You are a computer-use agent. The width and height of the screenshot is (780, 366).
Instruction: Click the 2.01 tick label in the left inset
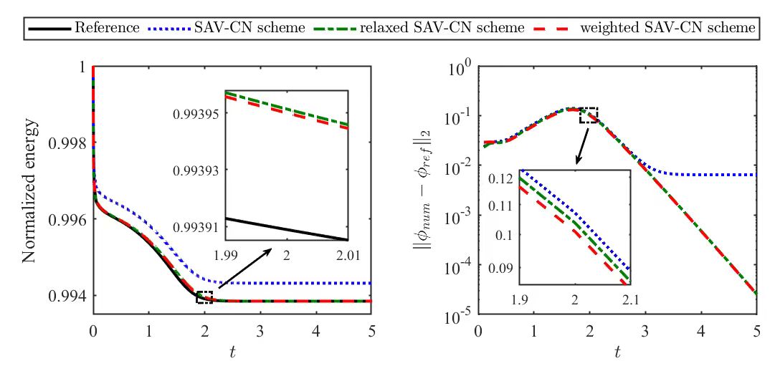[x=347, y=254]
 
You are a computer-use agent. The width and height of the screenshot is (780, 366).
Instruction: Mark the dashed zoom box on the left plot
[x=204, y=297]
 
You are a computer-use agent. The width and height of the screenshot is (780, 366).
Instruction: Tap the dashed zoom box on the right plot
[x=588, y=115]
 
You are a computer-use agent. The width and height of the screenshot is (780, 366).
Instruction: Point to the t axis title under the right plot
[x=617, y=352]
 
